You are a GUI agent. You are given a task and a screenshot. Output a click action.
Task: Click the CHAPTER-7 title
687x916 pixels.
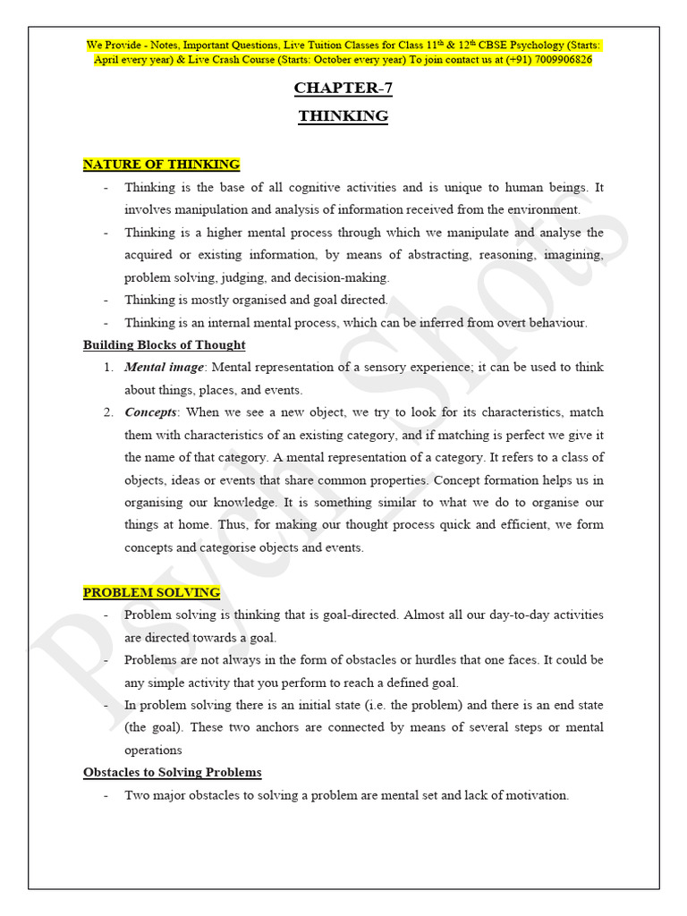coord(343,88)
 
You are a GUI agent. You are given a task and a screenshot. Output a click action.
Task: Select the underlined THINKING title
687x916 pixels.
coord(343,116)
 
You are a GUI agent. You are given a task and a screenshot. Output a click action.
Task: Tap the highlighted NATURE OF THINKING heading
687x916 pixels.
coord(161,165)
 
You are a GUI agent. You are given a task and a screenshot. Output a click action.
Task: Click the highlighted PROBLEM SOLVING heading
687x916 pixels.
coord(151,592)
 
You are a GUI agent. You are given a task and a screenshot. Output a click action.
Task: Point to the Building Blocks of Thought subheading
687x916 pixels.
coord(164,344)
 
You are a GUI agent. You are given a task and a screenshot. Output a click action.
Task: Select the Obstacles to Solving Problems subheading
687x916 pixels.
coord(172,772)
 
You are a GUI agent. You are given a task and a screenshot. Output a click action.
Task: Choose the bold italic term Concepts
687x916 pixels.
coord(151,412)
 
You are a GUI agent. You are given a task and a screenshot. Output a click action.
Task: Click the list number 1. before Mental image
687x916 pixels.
coord(107,368)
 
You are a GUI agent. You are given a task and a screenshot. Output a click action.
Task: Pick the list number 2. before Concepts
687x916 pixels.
coord(107,412)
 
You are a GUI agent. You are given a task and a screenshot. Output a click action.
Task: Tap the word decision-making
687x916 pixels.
coord(344,277)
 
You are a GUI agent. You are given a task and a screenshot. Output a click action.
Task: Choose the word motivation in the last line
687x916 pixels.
coord(534,795)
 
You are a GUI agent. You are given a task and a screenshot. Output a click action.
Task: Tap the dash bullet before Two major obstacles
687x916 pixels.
coord(107,795)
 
